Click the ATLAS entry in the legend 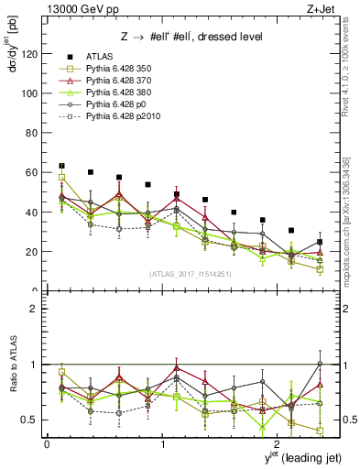[99, 58]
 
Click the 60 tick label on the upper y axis [34, 172]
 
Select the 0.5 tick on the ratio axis [32, 420]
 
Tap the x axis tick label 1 [162, 442]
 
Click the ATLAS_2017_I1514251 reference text [189, 273]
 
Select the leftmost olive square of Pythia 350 [61, 178]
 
